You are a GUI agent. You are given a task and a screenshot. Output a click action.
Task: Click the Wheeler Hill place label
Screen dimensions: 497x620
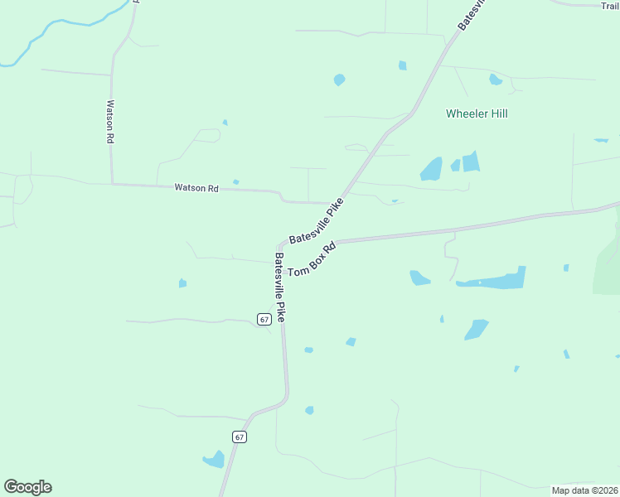(x=477, y=113)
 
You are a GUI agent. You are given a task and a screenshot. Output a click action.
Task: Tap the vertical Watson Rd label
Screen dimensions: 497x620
(x=109, y=123)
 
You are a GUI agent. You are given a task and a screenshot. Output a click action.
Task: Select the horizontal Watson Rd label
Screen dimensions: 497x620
(x=196, y=188)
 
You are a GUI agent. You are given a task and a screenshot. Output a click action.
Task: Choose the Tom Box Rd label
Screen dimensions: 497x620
(x=311, y=259)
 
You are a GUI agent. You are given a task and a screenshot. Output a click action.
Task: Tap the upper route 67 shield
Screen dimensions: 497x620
(x=264, y=319)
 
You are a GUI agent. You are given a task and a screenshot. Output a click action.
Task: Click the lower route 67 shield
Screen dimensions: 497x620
(x=240, y=437)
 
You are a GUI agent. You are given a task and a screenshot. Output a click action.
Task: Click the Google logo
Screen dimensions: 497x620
(x=27, y=487)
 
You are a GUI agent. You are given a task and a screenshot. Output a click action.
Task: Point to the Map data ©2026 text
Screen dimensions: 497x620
(x=584, y=490)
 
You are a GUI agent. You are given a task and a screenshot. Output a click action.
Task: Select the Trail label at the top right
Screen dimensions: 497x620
(x=610, y=6)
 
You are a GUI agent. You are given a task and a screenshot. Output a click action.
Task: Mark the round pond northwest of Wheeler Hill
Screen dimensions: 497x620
(x=339, y=80)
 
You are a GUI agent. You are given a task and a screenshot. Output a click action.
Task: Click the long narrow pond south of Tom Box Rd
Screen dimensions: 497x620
(x=492, y=280)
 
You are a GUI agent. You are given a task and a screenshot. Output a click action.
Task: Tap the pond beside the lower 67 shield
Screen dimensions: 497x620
(x=215, y=459)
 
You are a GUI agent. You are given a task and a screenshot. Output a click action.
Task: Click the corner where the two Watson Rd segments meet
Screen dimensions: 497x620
(x=112, y=183)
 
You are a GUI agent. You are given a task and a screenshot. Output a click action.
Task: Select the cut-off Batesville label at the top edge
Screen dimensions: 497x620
(x=472, y=15)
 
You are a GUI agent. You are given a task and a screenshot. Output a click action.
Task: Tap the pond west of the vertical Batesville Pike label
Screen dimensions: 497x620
(x=182, y=283)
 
